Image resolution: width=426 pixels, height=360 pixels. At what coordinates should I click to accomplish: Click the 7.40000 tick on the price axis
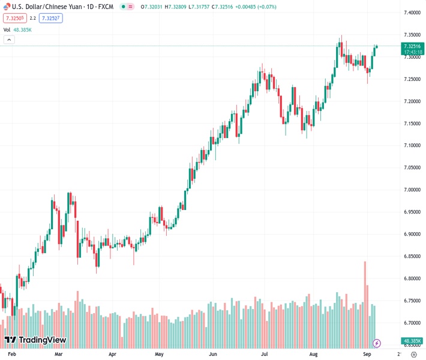412,13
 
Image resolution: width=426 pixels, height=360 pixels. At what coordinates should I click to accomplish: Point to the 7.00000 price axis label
412,190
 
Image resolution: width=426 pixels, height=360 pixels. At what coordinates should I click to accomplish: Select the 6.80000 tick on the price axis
412,278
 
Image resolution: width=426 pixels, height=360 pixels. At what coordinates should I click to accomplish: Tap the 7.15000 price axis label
412,124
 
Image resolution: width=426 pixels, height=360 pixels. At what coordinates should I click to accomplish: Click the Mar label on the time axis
58,354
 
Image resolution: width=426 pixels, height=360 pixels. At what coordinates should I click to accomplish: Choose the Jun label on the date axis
213,354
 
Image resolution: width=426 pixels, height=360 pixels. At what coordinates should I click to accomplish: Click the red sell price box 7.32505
15,18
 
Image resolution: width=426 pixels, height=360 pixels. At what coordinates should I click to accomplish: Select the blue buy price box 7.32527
52,18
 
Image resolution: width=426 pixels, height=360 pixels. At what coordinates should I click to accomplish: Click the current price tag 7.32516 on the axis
413,46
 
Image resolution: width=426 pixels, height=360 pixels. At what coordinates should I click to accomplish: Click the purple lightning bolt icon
377,343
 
